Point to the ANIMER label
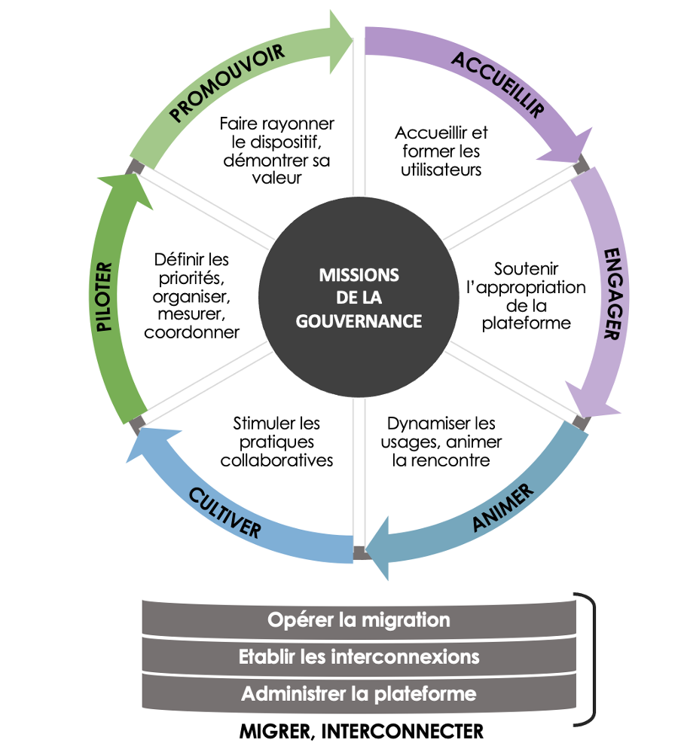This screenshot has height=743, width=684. point(503,509)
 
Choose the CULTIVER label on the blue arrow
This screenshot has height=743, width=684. point(225,512)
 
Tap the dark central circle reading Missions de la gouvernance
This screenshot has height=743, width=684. point(359,298)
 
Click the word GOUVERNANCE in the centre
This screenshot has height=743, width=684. point(359,320)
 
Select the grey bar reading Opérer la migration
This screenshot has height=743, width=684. point(359,620)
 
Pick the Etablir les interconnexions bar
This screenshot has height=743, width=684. point(359,656)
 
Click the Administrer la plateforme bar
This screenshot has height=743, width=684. point(359,693)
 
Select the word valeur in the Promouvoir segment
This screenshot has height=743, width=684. point(276,178)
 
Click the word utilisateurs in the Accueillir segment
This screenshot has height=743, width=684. point(441,170)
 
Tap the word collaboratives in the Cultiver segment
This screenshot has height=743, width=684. point(276,460)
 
